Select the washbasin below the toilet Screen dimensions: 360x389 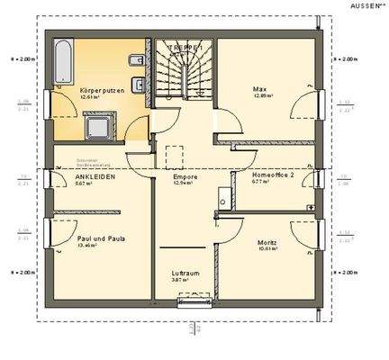pos(137,86)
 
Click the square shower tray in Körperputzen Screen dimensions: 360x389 pos(95,126)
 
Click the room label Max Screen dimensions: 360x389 pos(259,88)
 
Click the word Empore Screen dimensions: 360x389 pos(185,178)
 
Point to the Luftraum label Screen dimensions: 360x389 pos(185,273)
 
